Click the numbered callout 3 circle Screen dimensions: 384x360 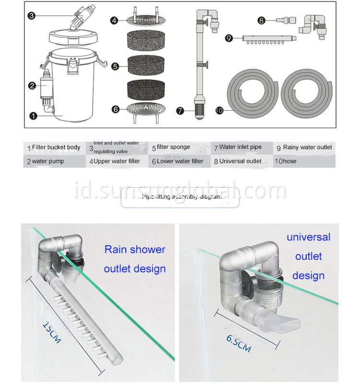pos(31,15)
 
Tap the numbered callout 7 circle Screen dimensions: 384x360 pos(180,110)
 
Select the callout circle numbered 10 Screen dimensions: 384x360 pos(219,110)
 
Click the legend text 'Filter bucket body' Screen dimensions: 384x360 pos(56,147)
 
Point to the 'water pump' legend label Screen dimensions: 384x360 pos(48,161)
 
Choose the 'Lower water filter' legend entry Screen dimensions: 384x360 pos(180,161)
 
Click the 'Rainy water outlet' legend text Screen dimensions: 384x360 pos(307,147)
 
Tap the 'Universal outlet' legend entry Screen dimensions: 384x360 pos(240,161)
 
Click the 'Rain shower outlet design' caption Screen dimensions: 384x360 pos(134,259)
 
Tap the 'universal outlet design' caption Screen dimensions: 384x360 pos(309,256)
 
